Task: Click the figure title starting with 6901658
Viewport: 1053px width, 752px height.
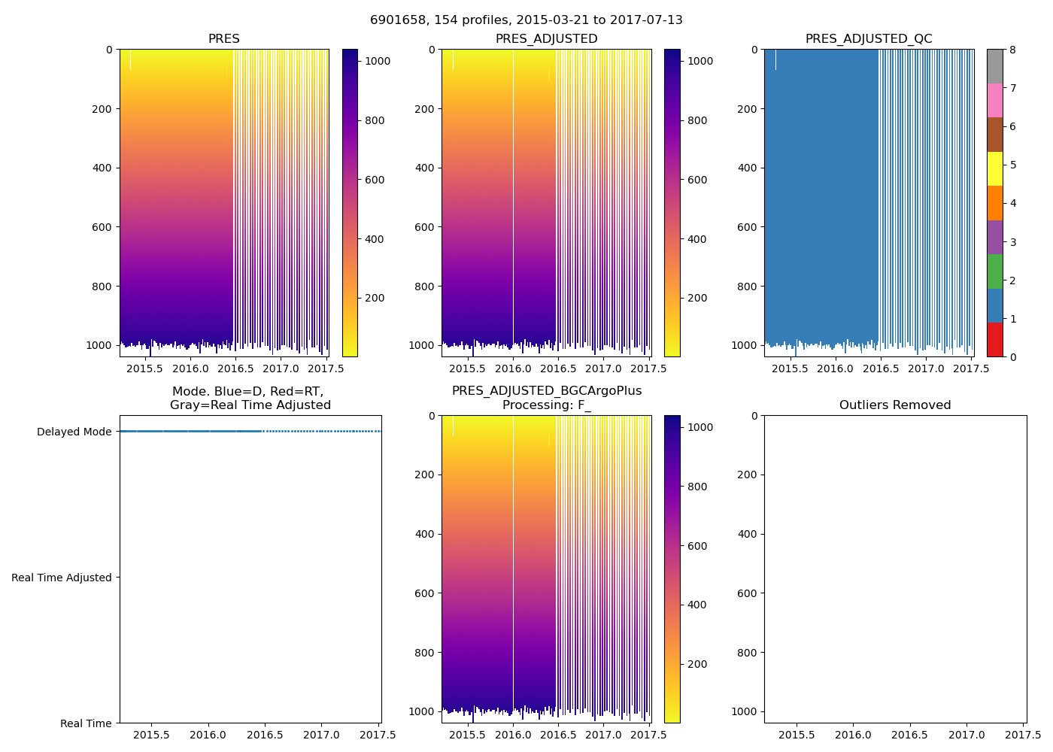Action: [526, 20]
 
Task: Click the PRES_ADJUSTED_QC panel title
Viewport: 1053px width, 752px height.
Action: [869, 39]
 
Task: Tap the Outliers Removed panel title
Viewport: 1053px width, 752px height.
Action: [895, 405]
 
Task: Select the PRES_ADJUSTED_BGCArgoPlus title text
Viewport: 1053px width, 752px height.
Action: [547, 391]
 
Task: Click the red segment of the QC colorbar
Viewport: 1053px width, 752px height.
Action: [994, 340]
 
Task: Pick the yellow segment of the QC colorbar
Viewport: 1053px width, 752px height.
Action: [994, 168]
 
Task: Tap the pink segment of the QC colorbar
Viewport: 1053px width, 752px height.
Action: [994, 100]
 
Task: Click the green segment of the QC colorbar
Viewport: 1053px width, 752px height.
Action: [994, 271]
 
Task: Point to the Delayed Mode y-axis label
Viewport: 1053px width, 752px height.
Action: [74, 432]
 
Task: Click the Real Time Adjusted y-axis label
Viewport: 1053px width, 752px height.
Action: [62, 578]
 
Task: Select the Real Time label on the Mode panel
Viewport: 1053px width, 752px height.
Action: [86, 723]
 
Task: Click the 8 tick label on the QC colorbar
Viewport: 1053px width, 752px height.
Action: [1012, 50]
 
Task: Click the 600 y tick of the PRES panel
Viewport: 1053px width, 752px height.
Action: [104, 227]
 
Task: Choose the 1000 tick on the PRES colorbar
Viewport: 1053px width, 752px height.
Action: [378, 61]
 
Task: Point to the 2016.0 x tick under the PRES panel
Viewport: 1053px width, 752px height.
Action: [190, 368]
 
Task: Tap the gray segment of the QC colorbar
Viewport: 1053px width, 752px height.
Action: [994, 66]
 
